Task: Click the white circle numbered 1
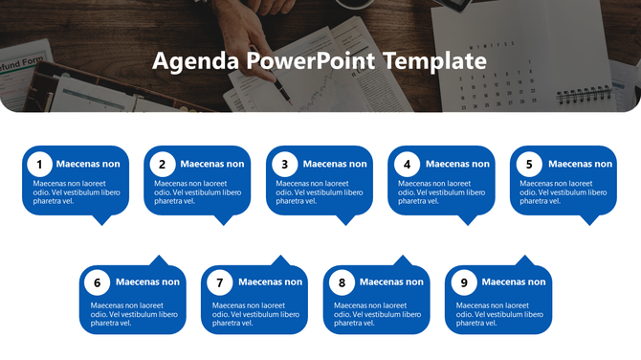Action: click(x=40, y=164)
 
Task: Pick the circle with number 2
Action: click(x=163, y=164)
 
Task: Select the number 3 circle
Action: click(x=285, y=164)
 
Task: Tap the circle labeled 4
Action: click(x=408, y=164)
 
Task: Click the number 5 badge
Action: click(x=529, y=164)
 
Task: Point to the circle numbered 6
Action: click(x=98, y=282)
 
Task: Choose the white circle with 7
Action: click(x=220, y=282)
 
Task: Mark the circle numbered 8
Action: click(x=342, y=282)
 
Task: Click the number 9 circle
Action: click(x=464, y=282)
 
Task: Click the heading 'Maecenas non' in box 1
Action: click(x=88, y=164)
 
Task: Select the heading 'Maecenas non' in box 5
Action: click(x=580, y=164)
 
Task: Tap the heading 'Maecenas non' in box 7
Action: click(x=270, y=282)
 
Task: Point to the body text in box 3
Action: click(x=320, y=191)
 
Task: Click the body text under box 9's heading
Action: click(x=499, y=314)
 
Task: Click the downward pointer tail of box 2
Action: click(x=224, y=220)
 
